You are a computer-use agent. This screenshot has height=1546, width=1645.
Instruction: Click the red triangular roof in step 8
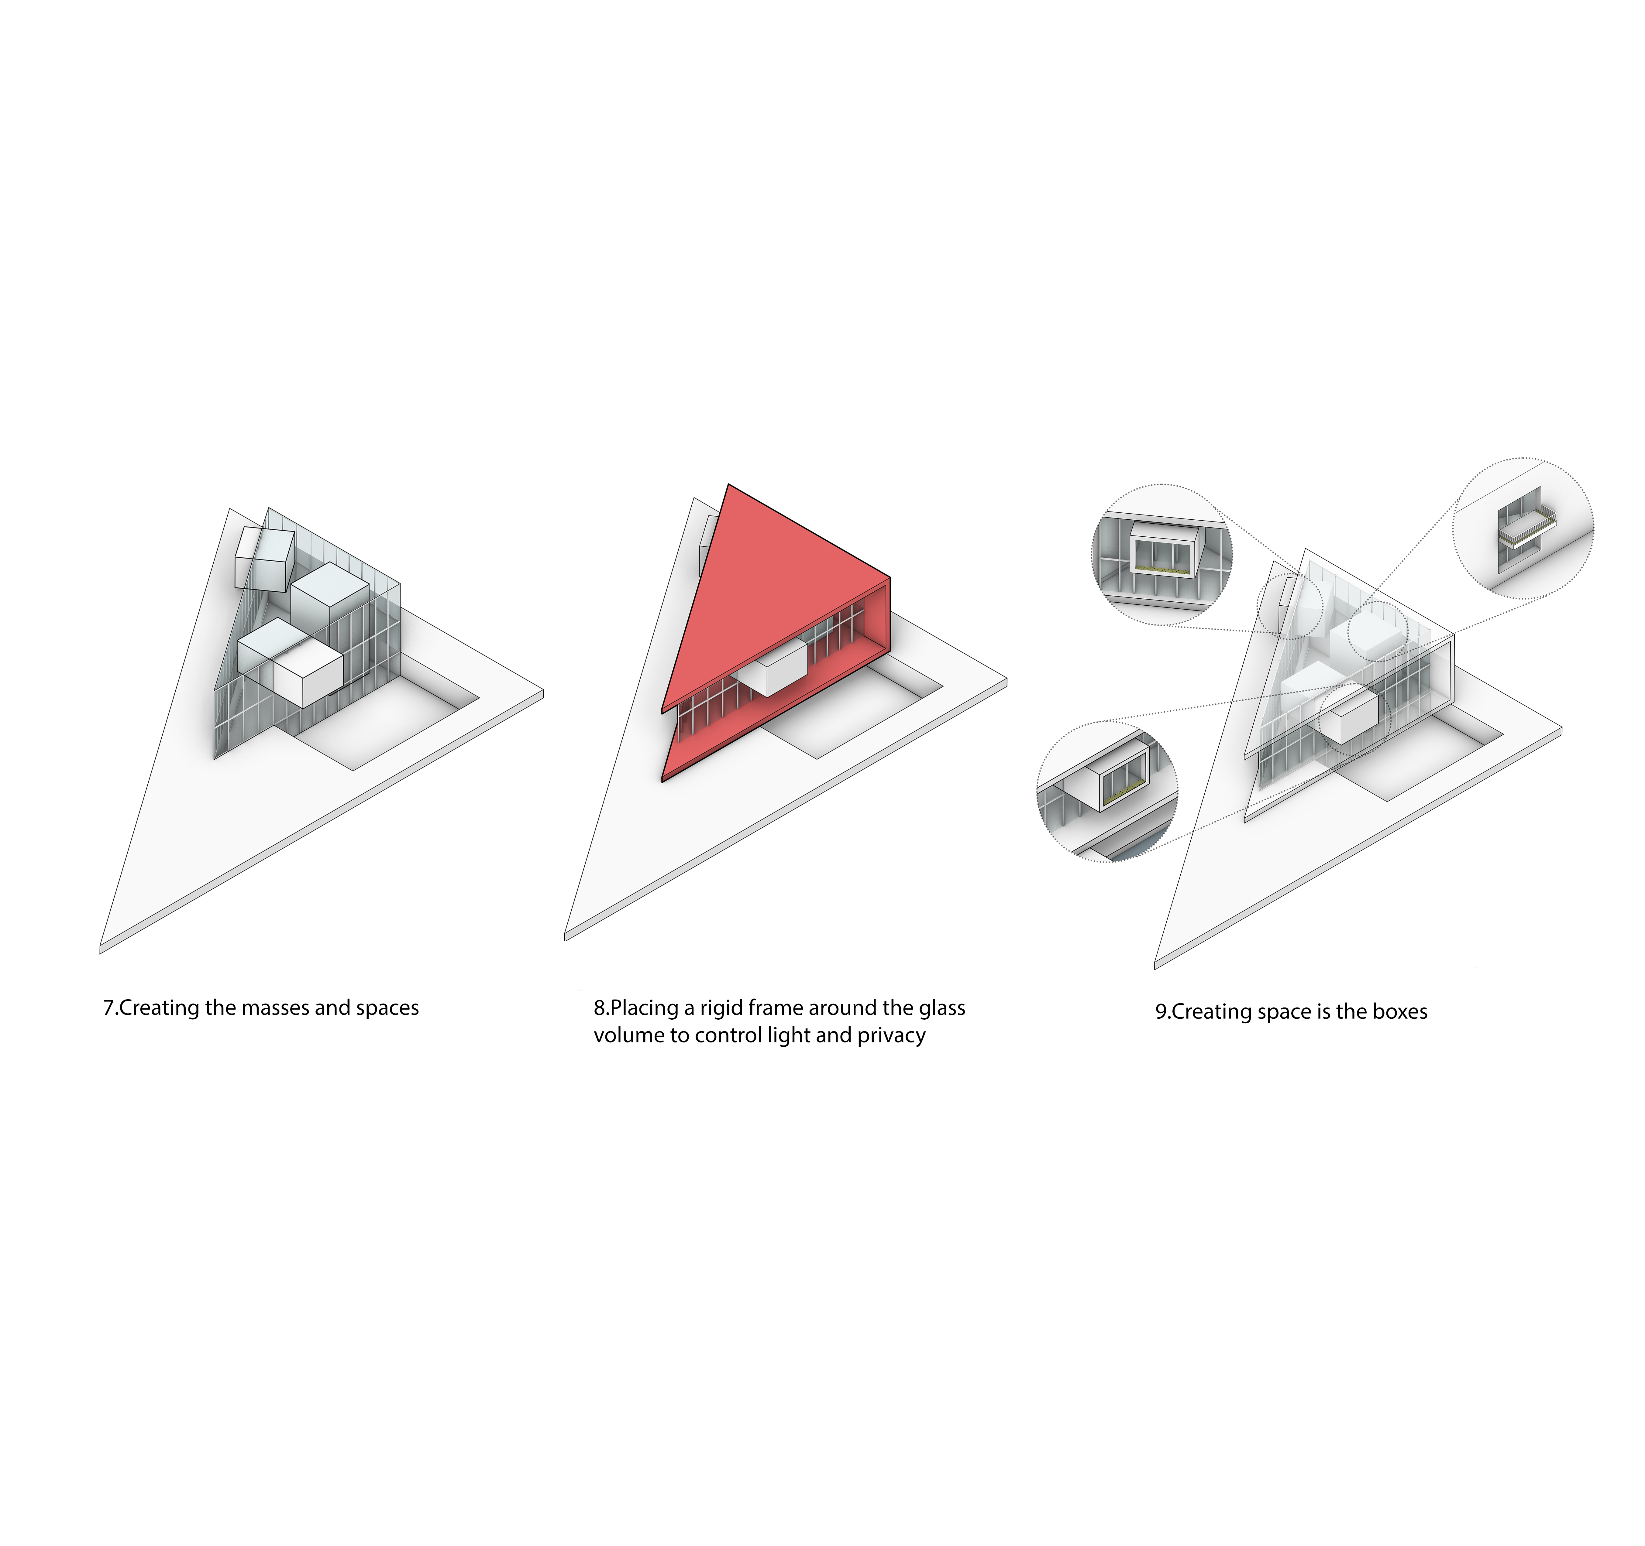[x=769, y=604]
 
